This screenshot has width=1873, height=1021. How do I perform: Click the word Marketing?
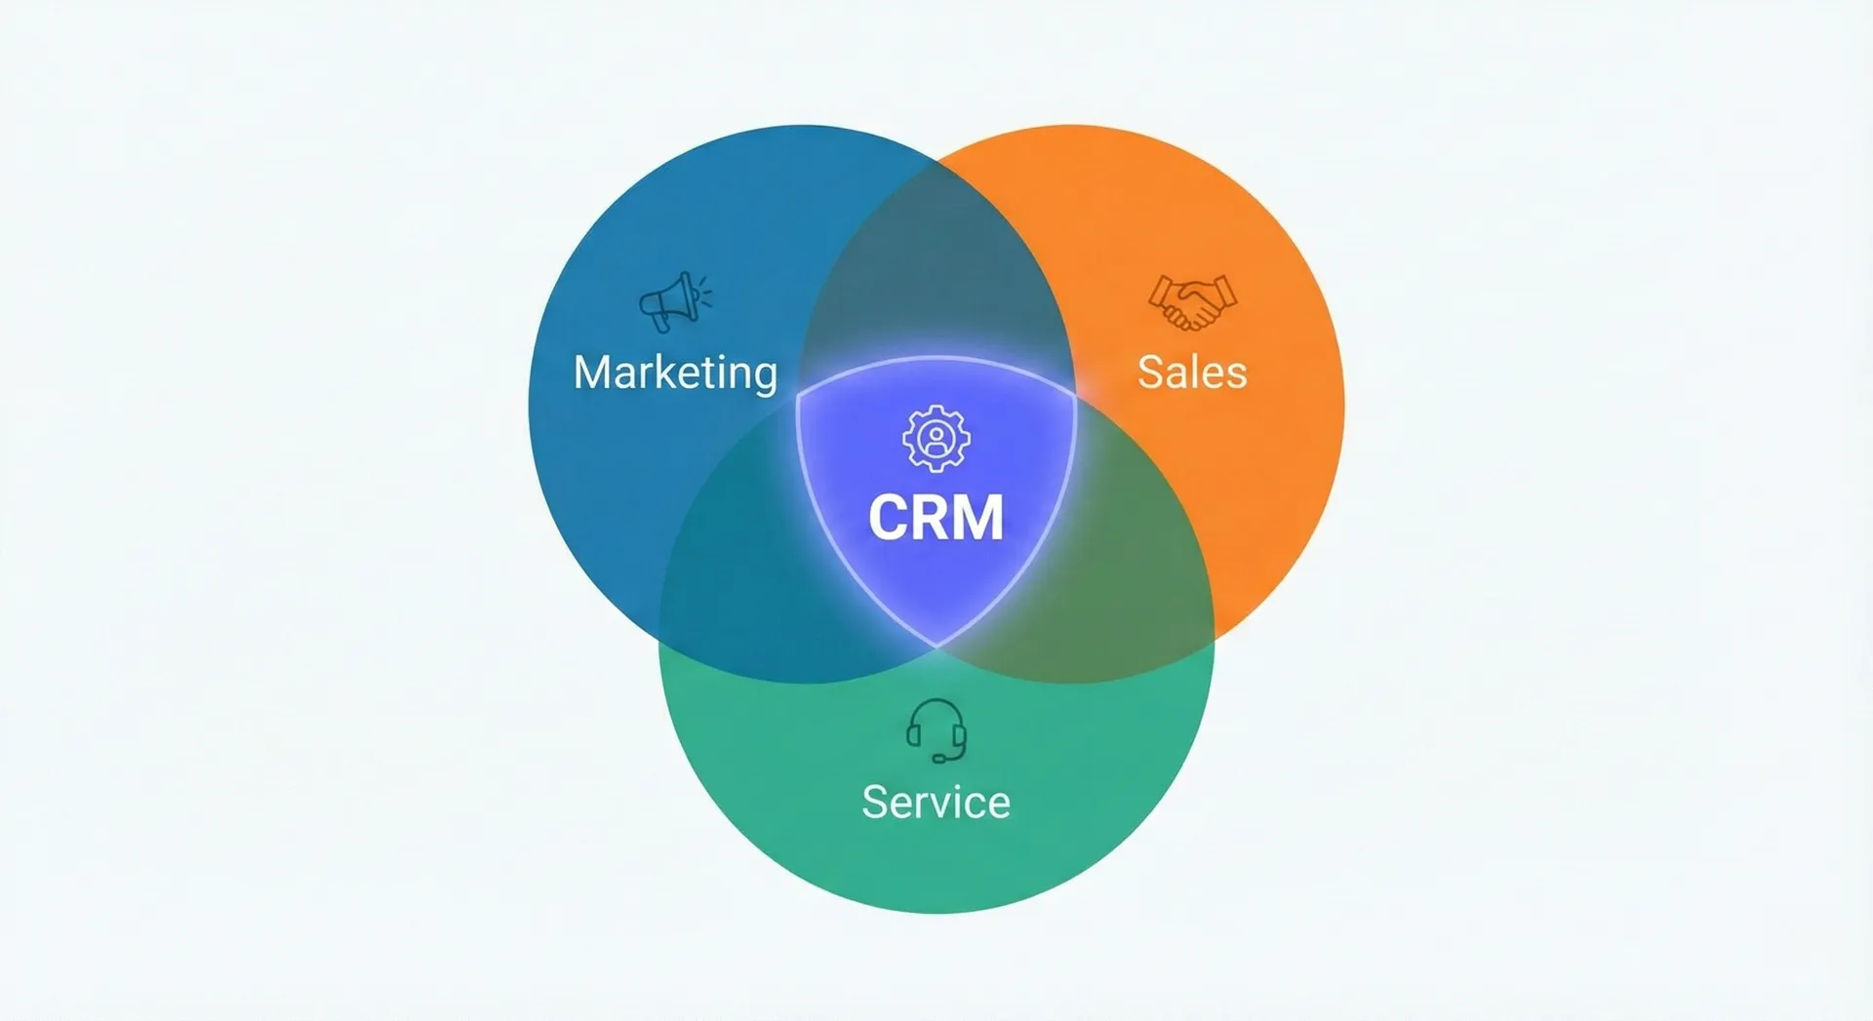click(x=675, y=373)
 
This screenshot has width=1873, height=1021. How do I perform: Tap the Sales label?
click(x=1192, y=373)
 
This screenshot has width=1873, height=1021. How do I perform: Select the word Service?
click(x=936, y=802)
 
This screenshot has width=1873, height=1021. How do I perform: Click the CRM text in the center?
click(x=936, y=517)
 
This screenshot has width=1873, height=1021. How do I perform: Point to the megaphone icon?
click(x=671, y=301)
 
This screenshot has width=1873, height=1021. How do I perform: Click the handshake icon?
click(x=1192, y=301)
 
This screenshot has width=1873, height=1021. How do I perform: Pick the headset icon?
click(x=936, y=729)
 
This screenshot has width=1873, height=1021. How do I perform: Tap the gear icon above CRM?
click(x=936, y=439)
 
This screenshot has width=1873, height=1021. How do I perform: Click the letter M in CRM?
click(x=977, y=517)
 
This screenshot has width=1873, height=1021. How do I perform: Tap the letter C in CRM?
click(x=888, y=517)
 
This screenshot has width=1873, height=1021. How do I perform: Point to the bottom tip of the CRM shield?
click(x=936, y=645)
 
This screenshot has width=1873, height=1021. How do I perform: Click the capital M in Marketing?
click(x=592, y=373)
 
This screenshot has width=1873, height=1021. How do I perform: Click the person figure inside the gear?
click(x=936, y=439)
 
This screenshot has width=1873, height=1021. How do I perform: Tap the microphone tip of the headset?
click(x=937, y=759)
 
